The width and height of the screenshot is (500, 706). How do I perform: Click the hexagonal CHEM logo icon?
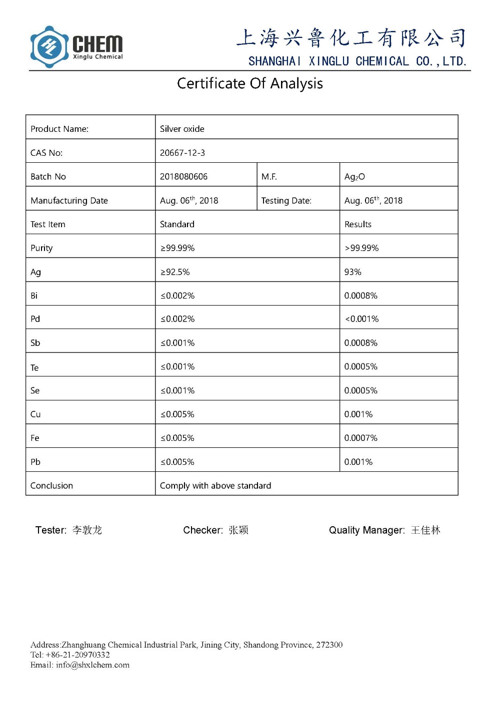tap(49, 47)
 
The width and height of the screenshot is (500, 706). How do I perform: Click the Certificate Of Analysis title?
tap(249, 83)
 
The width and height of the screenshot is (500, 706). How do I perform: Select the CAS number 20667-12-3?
tap(182, 153)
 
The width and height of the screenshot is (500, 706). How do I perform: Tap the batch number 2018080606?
tap(183, 177)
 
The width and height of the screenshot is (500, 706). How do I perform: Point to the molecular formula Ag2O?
tap(354, 177)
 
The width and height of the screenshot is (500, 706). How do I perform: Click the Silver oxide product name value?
tap(182, 129)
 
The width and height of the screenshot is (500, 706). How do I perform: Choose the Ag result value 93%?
tap(352, 272)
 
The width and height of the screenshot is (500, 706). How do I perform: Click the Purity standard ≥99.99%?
tap(177, 248)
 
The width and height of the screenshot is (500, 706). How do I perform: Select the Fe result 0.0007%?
tap(360, 438)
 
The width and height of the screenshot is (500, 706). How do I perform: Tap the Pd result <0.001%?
tap(361, 319)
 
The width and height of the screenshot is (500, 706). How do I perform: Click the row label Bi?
tap(34, 296)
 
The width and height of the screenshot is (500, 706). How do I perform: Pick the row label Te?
tap(34, 367)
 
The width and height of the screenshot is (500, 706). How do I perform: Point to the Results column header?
tap(357, 224)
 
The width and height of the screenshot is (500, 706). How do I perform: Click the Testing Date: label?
tap(286, 201)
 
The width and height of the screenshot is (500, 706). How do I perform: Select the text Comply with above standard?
tap(215, 486)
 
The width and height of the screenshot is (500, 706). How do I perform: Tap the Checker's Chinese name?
tap(238, 530)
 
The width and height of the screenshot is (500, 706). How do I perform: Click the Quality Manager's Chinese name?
tap(425, 530)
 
